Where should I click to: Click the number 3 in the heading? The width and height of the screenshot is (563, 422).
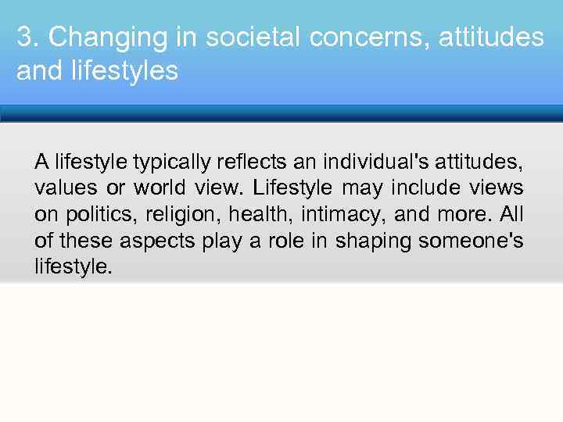[x=23, y=37]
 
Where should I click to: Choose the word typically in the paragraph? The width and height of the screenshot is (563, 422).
[x=171, y=163]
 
